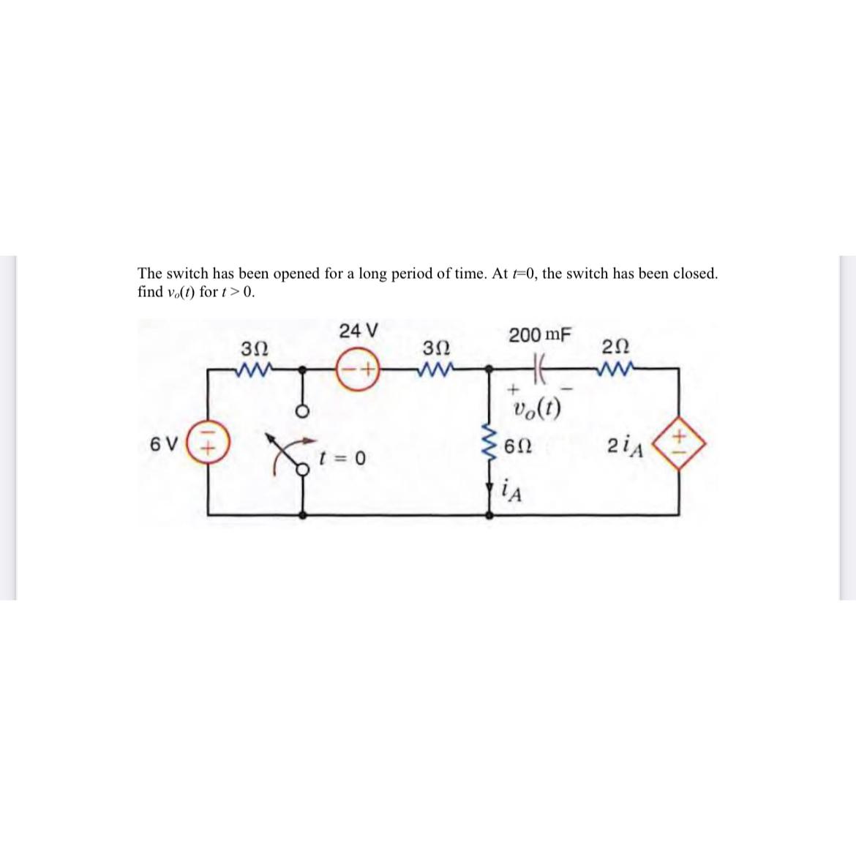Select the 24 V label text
358,331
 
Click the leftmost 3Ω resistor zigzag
255,369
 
